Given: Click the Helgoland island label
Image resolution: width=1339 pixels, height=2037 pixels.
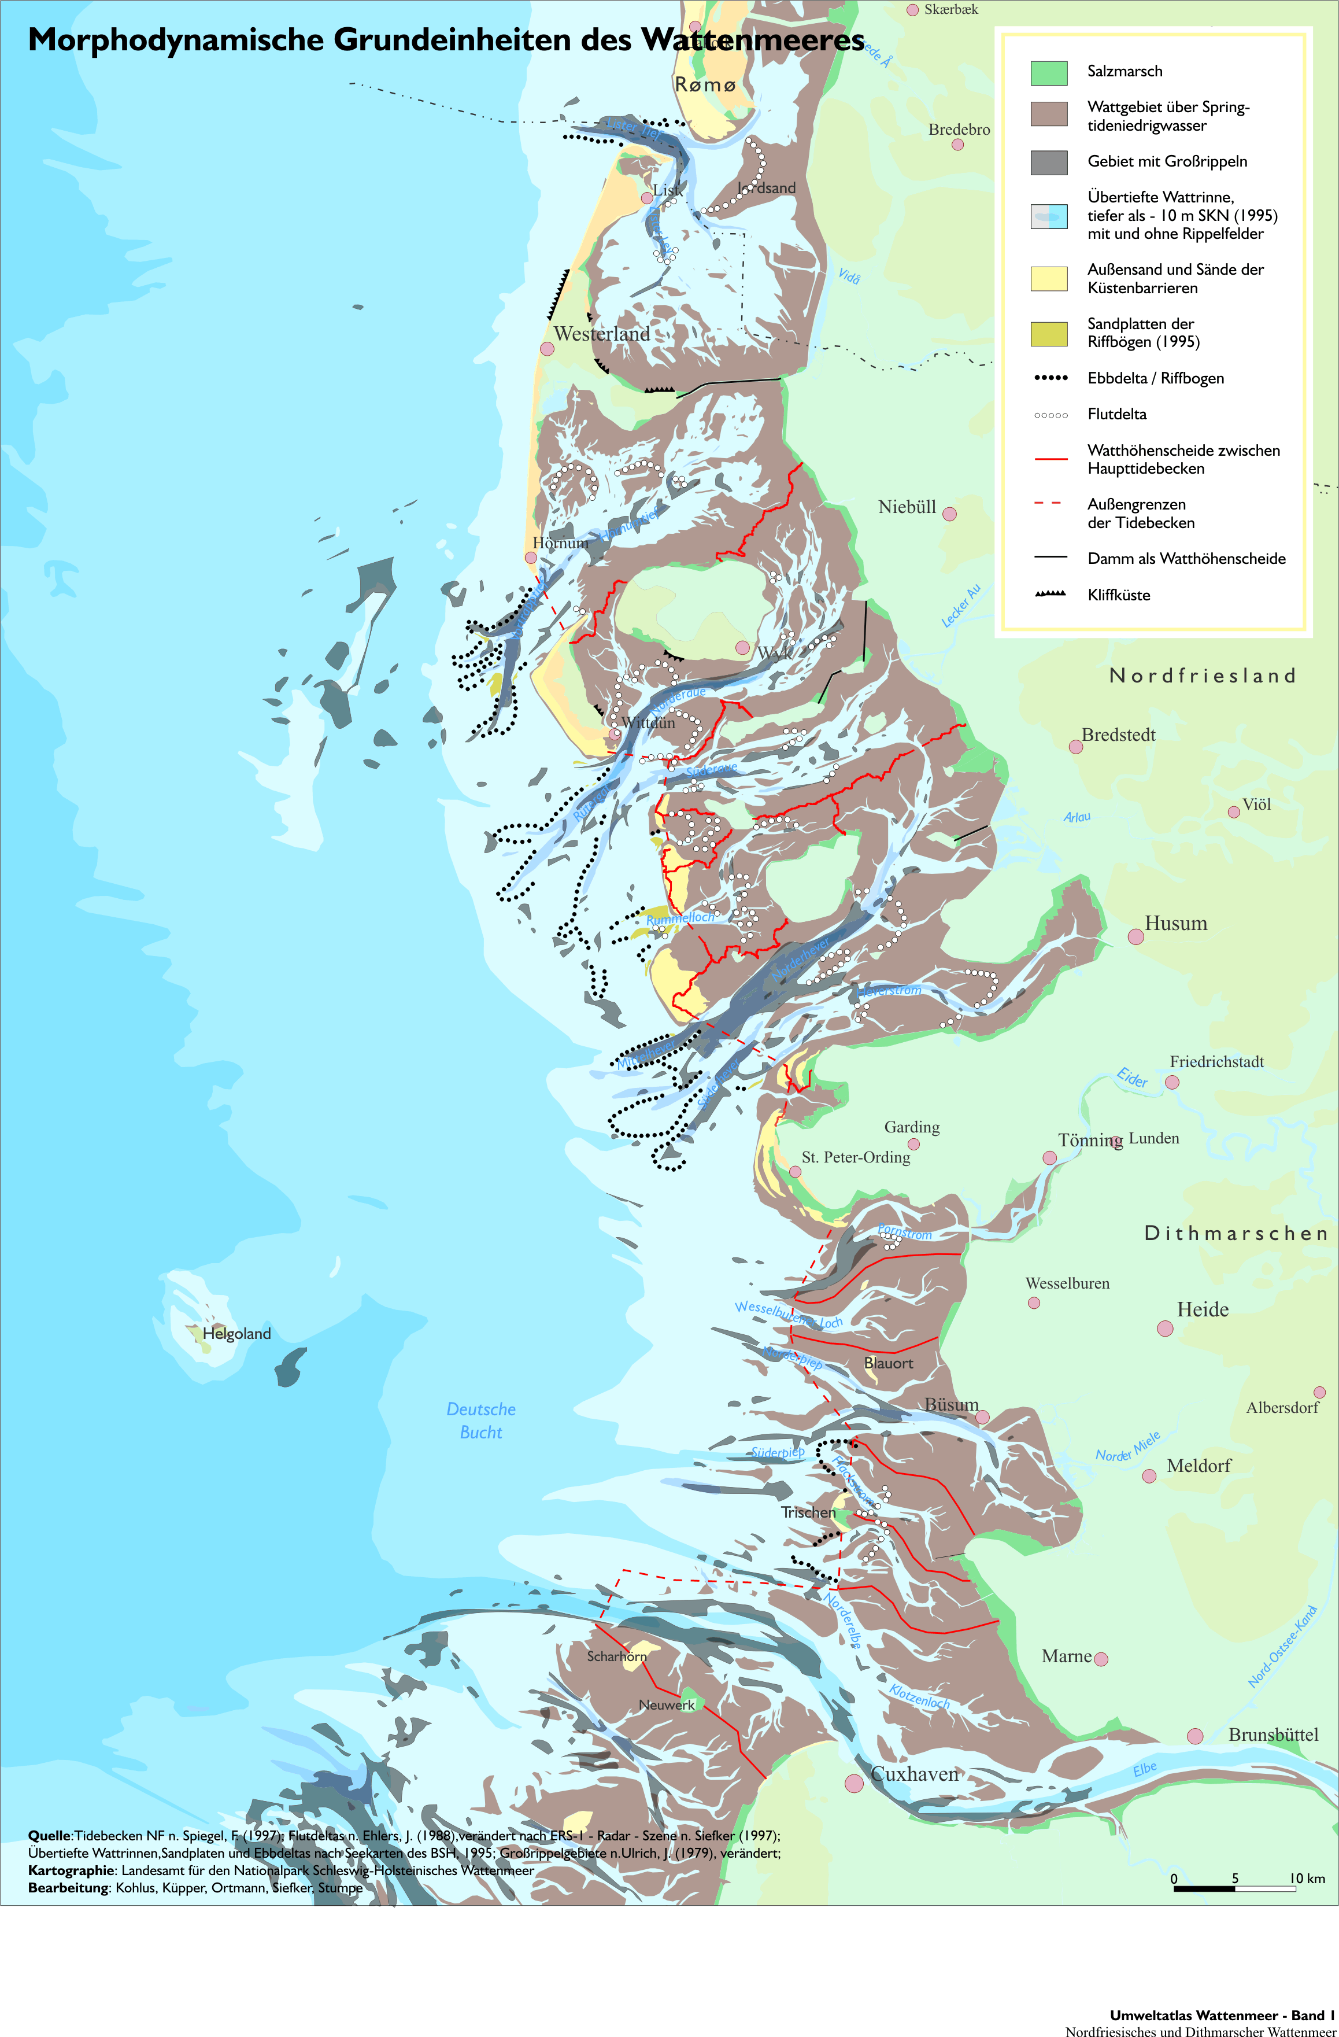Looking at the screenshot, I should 236,1334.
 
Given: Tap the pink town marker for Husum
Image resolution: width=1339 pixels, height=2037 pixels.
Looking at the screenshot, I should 1135,936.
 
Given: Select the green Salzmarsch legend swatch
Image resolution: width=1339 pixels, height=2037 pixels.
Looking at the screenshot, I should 1048,73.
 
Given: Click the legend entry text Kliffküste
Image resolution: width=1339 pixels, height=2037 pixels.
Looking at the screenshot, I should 1118,595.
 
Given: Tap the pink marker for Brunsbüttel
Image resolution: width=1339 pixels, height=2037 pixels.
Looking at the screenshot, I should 1195,1736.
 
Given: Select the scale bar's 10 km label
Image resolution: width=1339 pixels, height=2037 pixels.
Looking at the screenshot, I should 1307,1879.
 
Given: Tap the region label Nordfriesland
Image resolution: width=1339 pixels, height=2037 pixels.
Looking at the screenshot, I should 1201,676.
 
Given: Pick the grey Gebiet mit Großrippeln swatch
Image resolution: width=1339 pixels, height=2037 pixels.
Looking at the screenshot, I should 1048,163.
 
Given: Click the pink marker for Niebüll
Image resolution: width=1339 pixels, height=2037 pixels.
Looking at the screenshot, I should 949,514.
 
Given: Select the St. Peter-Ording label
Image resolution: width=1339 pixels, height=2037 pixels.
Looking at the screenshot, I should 856,1157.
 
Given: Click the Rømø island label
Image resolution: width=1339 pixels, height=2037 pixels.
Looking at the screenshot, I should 705,85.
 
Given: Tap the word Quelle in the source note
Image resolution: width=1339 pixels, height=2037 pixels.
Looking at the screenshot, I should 49,1836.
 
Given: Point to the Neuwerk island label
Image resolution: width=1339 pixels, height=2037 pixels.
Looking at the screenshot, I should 667,1705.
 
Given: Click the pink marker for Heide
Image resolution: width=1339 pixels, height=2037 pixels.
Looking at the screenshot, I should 1164,1329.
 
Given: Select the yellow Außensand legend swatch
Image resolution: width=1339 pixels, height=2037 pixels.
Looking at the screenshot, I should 1048,279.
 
